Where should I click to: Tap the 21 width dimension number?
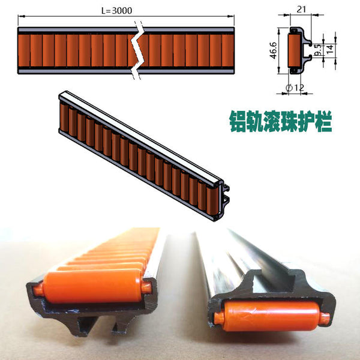click(301, 8)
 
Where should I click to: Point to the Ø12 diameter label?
click(296, 88)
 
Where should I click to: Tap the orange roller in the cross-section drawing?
click(295, 51)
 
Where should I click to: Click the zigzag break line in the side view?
click(138, 51)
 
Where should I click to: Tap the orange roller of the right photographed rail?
click(270, 317)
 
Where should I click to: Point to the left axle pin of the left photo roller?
click(38, 288)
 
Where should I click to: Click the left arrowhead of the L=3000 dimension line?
click(20, 16)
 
